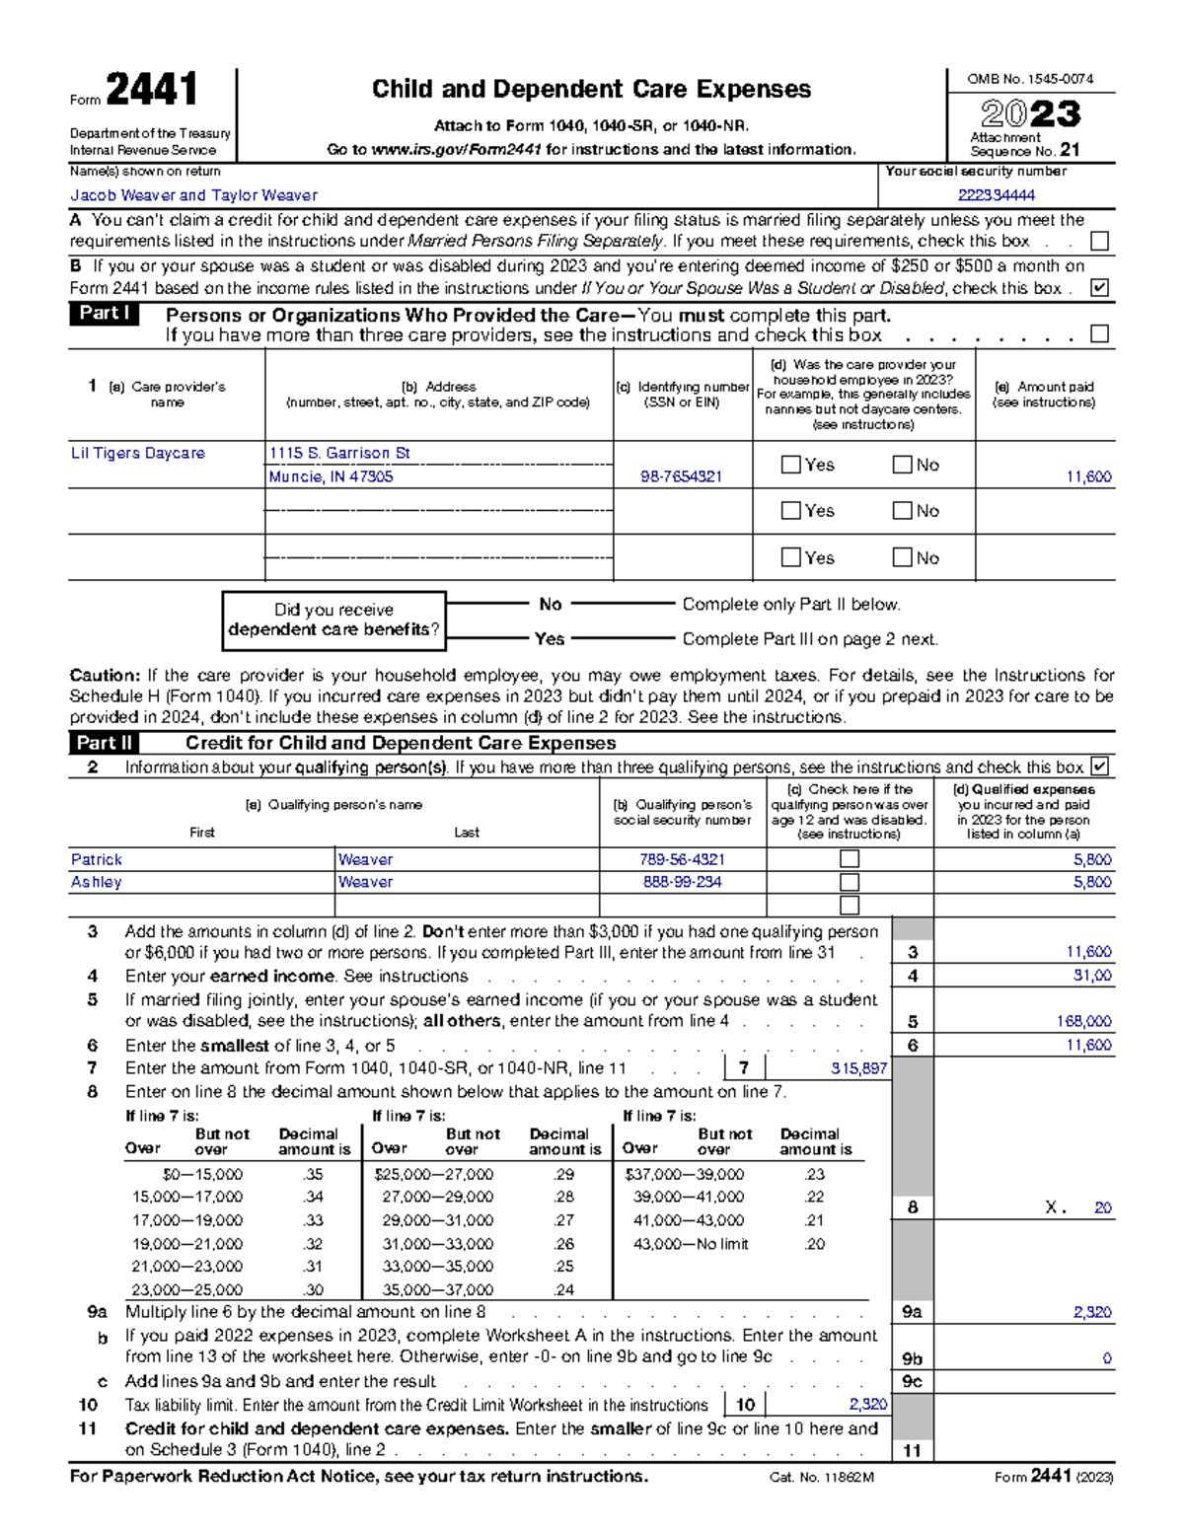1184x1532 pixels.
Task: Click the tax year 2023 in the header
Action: tap(1030, 114)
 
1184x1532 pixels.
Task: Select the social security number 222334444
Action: tap(996, 195)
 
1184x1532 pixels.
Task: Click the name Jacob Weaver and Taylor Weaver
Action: tap(193, 195)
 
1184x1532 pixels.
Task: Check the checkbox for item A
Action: tap(1099, 242)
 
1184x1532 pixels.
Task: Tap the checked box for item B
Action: tap(1099, 288)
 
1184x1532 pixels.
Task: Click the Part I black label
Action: tap(104, 314)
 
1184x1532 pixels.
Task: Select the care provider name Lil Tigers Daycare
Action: tap(138, 453)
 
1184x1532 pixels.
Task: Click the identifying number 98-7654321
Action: tap(681, 476)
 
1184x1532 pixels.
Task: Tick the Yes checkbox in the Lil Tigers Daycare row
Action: tap(790, 465)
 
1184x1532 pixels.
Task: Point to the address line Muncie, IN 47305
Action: tap(331, 476)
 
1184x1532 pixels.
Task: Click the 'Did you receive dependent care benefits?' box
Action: tap(333, 620)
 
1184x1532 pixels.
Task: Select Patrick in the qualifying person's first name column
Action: tap(97, 859)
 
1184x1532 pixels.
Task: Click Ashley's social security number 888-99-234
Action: tap(682, 882)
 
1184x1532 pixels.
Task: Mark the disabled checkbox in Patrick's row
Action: tap(849, 859)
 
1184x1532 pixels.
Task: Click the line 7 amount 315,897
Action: tap(858, 1068)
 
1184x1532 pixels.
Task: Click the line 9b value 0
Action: tap(1106, 1358)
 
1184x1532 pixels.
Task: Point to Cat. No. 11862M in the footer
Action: tap(822, 1477)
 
